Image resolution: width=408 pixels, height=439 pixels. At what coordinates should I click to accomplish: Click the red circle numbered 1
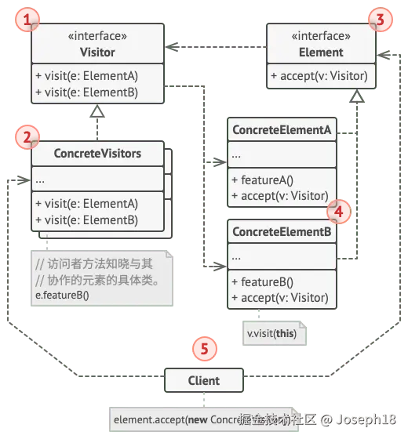(30, 19)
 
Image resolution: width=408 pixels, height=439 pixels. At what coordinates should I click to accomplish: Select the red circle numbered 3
(380, 19)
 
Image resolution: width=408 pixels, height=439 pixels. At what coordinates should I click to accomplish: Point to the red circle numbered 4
(338, 209)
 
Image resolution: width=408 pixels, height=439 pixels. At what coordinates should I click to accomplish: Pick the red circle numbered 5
(204, 348)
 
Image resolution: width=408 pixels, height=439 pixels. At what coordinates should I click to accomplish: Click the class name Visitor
(97, 53)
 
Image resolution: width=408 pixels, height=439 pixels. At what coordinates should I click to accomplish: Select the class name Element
(321, 53)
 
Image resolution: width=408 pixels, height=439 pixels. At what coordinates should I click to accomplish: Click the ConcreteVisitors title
(97, 154)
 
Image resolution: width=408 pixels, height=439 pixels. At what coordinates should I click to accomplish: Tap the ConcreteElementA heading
(282, 130)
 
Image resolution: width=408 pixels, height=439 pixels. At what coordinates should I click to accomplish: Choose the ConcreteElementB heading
(282, 232)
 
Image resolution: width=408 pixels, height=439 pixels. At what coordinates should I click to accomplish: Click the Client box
(203, 381)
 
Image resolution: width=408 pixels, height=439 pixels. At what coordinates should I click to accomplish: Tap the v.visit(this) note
(271, 332)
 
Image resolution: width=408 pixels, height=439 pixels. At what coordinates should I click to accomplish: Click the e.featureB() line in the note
(63, 295)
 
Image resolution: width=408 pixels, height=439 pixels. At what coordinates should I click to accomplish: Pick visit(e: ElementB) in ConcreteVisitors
(86, 219)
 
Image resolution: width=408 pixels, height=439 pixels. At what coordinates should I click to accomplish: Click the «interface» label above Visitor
(97, 37)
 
